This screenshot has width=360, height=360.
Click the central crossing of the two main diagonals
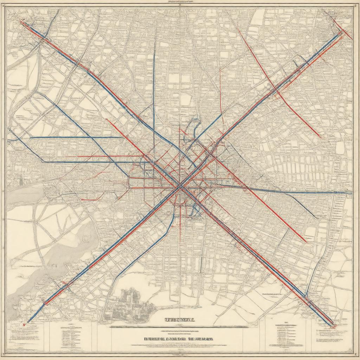pyautogui.click(x=180, y=187)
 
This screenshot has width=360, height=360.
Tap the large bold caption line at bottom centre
pyautogui.click(x=179, y=339)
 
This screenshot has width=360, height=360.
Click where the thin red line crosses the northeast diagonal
pyautogui.click(x=276, y=91)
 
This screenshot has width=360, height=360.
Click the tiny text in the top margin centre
pyautogui.click(x=180, y=2)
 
